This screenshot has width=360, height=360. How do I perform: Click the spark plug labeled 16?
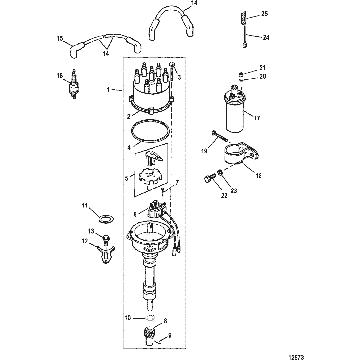[x=73, y=84]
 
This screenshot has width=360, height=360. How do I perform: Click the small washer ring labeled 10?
[x=150, y=318]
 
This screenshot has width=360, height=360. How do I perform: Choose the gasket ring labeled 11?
[x=106, y=219]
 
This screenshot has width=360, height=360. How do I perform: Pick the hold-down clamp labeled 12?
[x=106, y=255]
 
